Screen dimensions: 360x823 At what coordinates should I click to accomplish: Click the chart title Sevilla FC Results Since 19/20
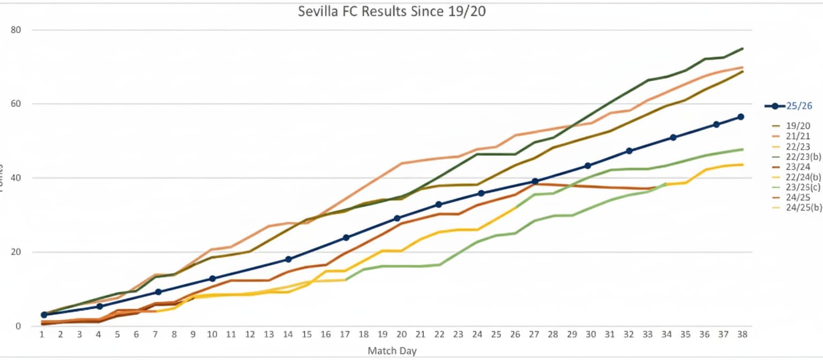392,12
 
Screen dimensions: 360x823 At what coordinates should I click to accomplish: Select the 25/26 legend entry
799,106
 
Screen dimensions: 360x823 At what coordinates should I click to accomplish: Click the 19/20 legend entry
794,126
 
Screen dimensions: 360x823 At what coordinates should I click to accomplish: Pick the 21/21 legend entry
794,136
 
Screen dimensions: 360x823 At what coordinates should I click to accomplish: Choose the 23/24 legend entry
794,167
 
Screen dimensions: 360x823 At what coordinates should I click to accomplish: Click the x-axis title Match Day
392,351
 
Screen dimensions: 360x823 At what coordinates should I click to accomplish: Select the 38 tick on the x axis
742,334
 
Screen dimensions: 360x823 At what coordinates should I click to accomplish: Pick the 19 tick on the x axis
383,334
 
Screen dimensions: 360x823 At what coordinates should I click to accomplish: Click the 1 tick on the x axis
42,334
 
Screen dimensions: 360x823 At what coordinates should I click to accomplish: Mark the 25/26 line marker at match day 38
741,117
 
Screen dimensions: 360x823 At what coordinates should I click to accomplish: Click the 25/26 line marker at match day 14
288,259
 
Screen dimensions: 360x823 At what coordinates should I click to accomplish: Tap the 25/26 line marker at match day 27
534,182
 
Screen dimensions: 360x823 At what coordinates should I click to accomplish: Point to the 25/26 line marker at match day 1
44,315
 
